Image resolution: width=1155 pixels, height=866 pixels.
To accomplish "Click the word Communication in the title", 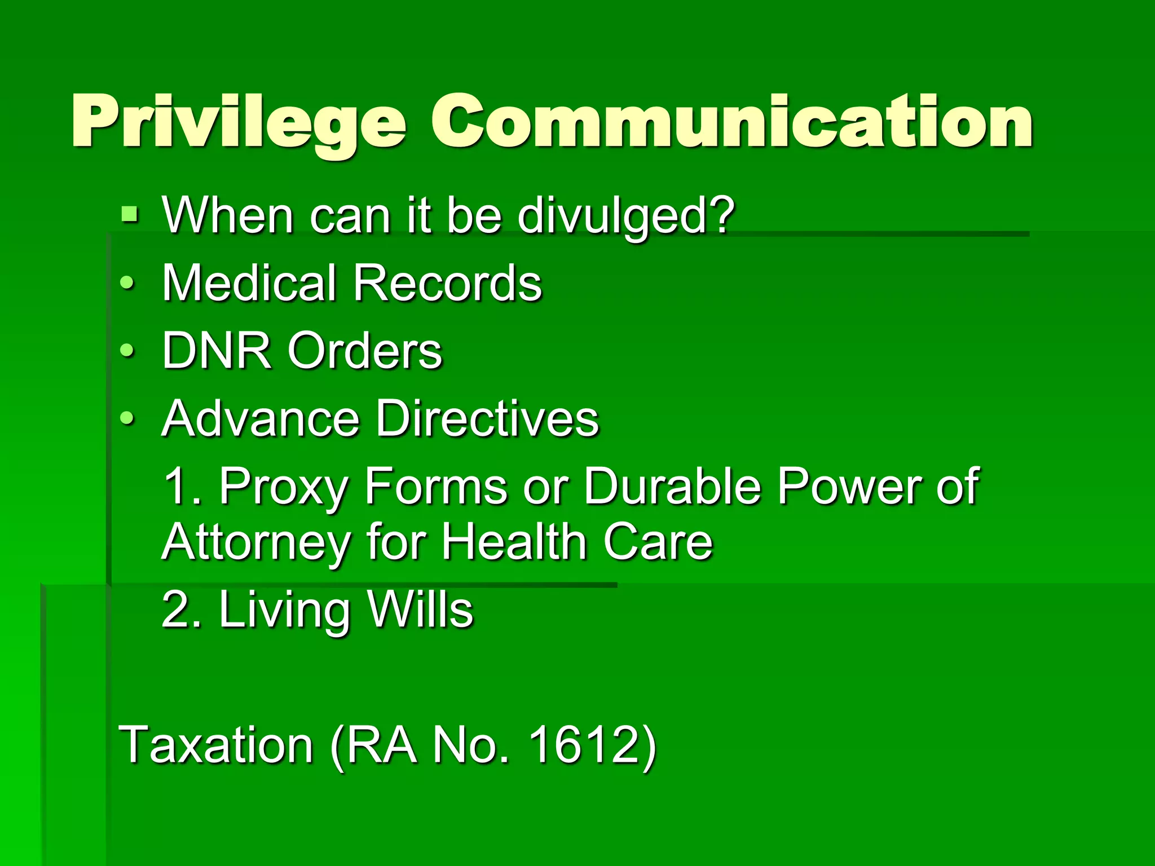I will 731,122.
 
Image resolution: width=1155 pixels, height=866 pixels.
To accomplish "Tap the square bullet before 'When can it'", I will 130,215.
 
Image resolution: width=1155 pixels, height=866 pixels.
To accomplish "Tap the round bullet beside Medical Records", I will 127,284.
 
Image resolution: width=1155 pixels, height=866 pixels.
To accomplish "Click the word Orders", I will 365,351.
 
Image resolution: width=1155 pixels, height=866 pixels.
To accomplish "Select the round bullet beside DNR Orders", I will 127,351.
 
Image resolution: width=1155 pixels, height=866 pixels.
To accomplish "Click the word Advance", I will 261,418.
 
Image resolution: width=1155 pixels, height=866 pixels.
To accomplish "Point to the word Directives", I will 487,418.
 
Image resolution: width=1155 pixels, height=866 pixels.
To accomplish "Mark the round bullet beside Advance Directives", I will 127,419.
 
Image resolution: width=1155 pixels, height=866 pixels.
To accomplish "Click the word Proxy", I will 284,487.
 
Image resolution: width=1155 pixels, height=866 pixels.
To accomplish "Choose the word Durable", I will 672,486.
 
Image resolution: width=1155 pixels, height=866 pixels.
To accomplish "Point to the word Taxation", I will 216,745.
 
